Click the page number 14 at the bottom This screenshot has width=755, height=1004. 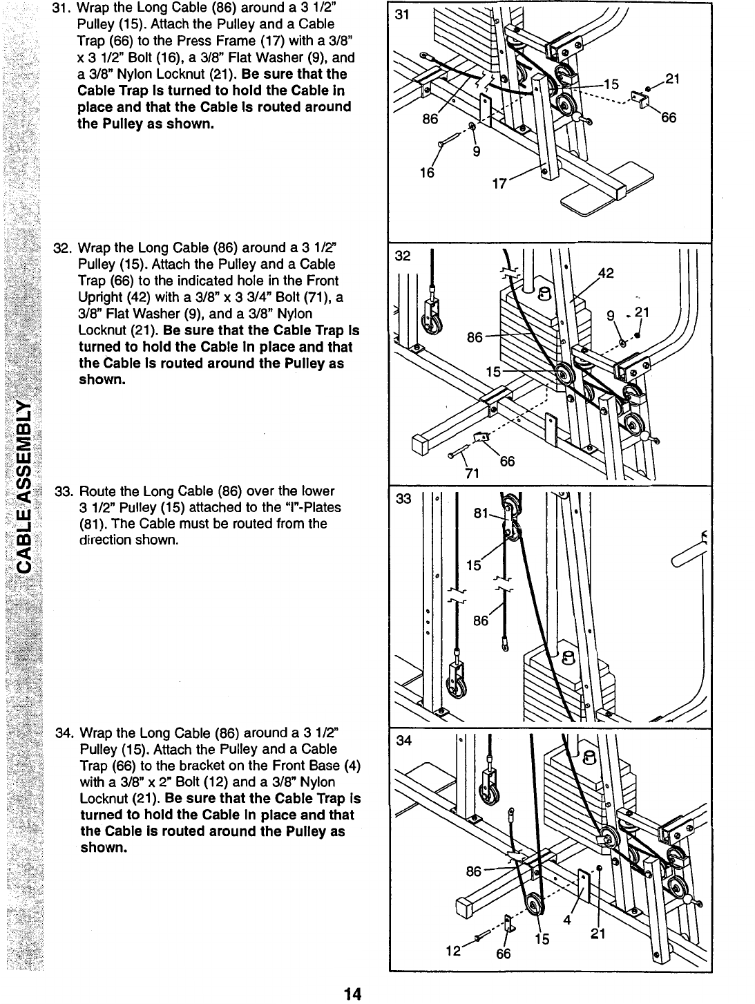352,994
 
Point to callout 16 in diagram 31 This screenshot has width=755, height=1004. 428,173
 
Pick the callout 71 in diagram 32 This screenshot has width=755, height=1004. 472,473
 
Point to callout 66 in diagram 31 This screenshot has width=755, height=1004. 668,118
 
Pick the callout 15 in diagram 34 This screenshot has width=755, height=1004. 543,940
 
